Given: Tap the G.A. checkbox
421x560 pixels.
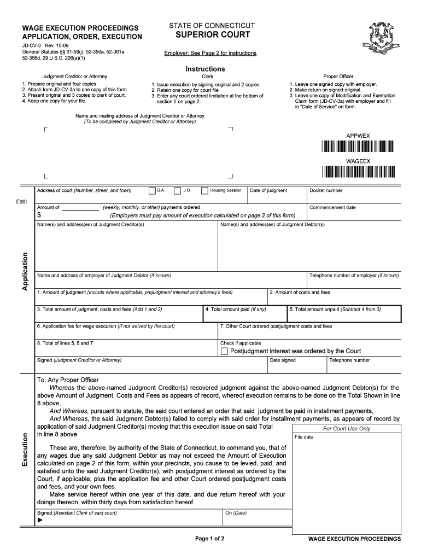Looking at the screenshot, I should pos(152,191).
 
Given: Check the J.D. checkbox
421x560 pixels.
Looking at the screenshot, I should pos(177,191).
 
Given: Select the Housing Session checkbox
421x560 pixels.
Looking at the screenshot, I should pos(204,191).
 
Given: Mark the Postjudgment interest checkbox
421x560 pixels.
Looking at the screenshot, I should pos(224,351).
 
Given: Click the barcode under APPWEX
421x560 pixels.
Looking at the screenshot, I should pos(358,146).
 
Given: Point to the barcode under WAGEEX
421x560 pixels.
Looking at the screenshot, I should pos(358,172).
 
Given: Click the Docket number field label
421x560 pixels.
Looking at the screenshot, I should pos(326,191).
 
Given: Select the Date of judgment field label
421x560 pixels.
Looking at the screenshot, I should pos(268,191).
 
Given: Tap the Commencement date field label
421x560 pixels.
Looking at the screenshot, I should pos(332,208).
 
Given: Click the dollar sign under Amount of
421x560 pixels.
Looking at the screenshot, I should pos(39,215).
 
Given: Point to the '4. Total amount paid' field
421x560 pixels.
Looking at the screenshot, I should pos(244,313).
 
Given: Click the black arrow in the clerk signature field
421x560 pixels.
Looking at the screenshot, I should pos(40,520).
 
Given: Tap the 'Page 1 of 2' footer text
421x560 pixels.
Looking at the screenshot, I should pos(210,539).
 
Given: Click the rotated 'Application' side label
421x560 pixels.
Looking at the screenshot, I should pos(25,271).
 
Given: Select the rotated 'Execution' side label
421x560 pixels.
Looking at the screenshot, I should pos(25,449).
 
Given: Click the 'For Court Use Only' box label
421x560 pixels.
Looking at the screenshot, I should pos(347,429).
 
